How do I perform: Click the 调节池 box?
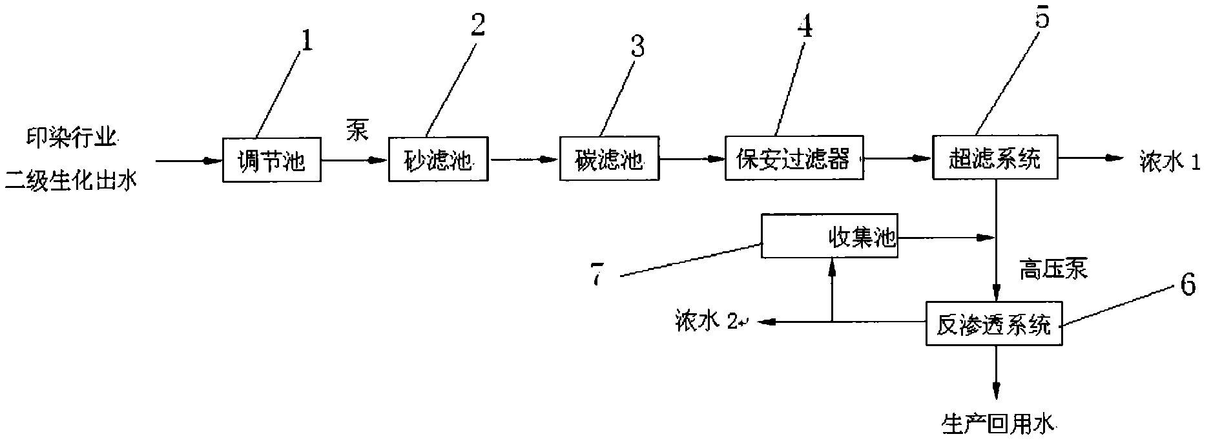pyautogui.click(x=271, y=160)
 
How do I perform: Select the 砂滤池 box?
pyautogui.click(x=438, y=160)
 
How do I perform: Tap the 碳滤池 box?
pyautogui.click(x=609, y=158)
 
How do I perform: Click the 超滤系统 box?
pyautogui.click(x=995, y=157)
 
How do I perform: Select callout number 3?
pyautogui.click(x=637, y=48)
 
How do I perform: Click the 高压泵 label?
pyautogui.click(x=1053, y=269)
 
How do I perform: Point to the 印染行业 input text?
pyautogui.click(x=72, y=138)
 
